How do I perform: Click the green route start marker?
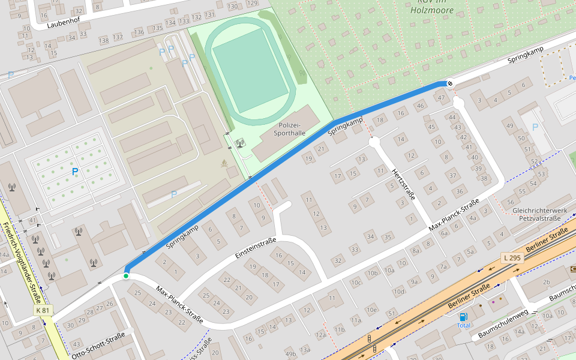point(126,276)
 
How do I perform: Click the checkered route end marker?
point(449,83)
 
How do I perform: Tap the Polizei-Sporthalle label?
point(292,128)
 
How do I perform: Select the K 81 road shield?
point(43,310)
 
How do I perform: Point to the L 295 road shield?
point(512,257)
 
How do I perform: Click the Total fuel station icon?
point(463,317)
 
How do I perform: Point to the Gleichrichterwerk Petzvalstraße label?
point(539,215)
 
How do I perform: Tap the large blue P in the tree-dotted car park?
point(75,172)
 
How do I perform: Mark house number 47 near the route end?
point(441,98)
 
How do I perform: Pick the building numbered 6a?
point(444,234)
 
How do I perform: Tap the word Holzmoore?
point(431,10)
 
